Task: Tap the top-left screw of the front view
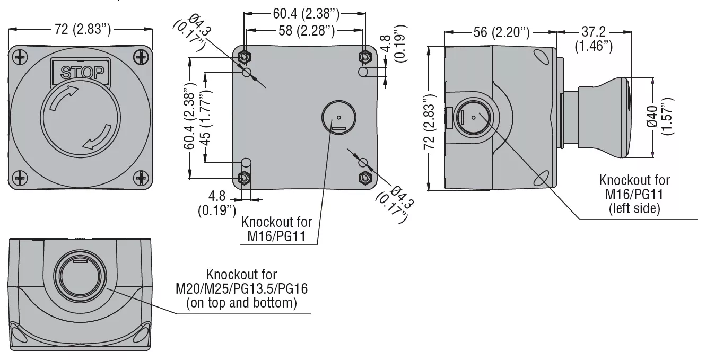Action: [x=21, y=56]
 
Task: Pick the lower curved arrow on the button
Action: [x=98, y=136]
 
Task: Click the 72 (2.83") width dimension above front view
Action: [x=82, y=29]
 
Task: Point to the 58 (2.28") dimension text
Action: [x=306, y=31]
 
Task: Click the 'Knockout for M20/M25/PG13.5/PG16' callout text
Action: [x=241, y=289]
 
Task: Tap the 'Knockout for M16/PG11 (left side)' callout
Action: [x=634, y=194]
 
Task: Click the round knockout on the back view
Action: [x=338, y=117]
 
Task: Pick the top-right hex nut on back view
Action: [x=364, y=56]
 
